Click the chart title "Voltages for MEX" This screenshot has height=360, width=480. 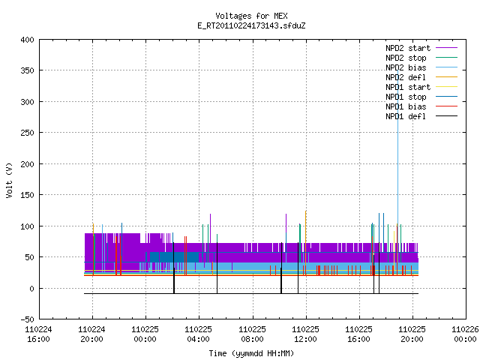(x=251, y=16)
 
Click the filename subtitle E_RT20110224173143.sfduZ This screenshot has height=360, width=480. (x=251, y=25)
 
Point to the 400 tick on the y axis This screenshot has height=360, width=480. (x=27, y=40)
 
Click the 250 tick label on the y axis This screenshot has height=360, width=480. (x=27, y=133)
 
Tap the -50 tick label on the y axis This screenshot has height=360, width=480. (x=27, y=319)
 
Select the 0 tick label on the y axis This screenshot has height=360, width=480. (x=31, y=288)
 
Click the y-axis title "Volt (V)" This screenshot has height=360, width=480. (x=9, y=180)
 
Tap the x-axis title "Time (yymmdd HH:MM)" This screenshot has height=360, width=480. (x=251, y=353)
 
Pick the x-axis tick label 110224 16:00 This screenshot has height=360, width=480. (x=38, y=334)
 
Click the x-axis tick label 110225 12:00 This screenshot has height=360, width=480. (x=305, y=334)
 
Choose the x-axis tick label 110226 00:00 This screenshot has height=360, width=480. (x=465, y=334)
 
